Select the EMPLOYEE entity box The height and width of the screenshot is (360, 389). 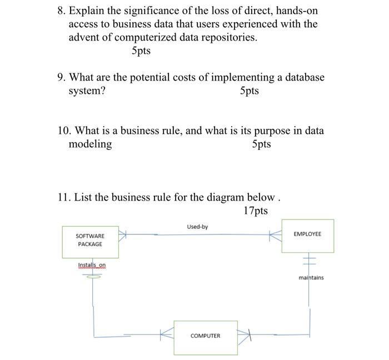(307, 235)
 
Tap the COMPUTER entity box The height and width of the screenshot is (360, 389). (205, 336)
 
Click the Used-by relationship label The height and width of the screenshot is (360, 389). (197, 227)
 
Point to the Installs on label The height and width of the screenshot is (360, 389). (92, 265)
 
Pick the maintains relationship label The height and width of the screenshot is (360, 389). (311, 277)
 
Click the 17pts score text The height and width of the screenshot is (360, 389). (255, 211)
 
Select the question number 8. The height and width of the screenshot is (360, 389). (61, 11)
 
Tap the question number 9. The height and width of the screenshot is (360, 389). (61, 78)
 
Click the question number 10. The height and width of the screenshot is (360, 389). (64, 131)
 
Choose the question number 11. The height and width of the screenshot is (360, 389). (64, 198)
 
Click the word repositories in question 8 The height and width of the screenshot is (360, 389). (229, 38)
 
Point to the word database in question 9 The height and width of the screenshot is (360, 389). (300, 78)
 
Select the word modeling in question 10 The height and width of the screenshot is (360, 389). (90, 144)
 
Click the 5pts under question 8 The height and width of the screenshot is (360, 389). (141, 51)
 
